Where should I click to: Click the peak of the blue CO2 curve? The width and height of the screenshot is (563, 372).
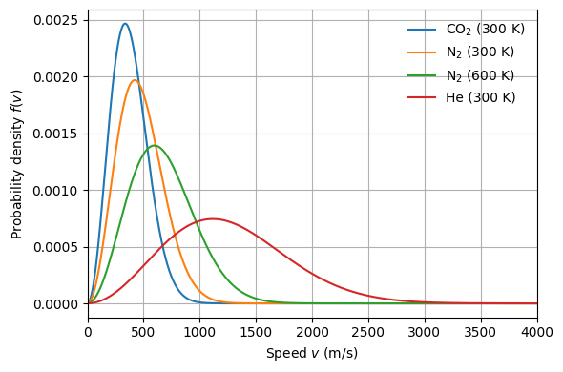click(125, 24)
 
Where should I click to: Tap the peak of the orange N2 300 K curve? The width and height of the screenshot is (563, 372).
click(135, 80)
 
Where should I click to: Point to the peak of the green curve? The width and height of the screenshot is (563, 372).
click(155, 145)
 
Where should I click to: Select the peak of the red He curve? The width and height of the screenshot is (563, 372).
click(213, 219)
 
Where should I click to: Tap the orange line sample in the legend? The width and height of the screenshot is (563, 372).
click(422, 52)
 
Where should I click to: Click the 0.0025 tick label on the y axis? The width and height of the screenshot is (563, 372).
click(55, 20)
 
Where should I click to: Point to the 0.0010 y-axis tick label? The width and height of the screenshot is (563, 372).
click(55, 191)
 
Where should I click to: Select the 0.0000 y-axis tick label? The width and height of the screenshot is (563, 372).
click(55, 304)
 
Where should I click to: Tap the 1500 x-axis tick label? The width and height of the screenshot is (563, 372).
click(256, 333)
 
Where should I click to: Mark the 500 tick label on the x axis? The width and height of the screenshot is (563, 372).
click(144, 333)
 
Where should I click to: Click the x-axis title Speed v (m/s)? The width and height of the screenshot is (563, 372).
click(312, 353)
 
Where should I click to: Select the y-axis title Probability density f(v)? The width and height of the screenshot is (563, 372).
click(17, 164)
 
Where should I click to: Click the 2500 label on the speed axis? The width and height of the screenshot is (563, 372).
click(368, 333)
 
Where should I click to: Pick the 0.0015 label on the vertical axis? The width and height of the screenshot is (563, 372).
click(55, 134)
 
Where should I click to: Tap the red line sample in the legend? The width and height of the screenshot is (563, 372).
click(422, 97)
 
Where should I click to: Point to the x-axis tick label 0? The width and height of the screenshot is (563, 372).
click(88, 333)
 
